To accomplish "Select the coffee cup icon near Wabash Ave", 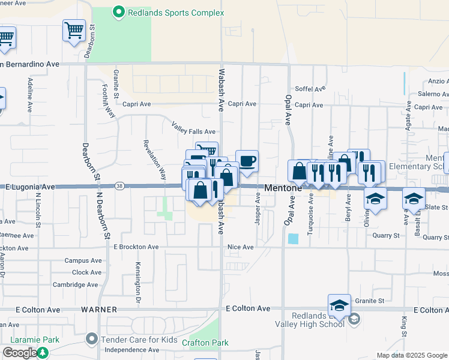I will [247, 161].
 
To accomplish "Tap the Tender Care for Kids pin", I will [91, 340].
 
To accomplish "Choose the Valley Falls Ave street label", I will [193, 128].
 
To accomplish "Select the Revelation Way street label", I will [154, 160].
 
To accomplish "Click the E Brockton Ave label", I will [136, 247].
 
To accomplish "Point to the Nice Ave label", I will [240, 247].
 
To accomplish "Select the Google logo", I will [20, 352].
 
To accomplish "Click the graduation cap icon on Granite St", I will [339, 305].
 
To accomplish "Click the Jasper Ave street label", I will [258, 209].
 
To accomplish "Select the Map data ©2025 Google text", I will [411, 355].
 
